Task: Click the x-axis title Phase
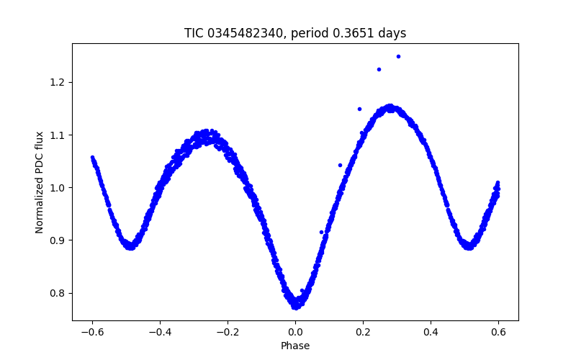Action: point(295,346)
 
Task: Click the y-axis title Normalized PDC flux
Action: point(40,182)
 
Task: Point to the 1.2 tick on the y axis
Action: point(58,82)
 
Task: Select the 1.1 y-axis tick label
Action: point(58,135)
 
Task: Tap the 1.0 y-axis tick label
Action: point(58,187)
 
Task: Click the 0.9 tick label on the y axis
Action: point(58,240)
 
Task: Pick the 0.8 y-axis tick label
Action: point(58,293)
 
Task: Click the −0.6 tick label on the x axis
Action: point(92,331)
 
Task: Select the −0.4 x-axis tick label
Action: point(160,331)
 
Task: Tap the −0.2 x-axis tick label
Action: point(228,331)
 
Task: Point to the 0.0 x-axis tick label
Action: point(295,331)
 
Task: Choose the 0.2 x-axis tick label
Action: point(363,331)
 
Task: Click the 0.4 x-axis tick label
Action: point(431,331)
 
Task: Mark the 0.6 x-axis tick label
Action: point(498,331)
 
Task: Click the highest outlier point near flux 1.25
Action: point(398,56)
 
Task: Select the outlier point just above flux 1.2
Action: point(379,69)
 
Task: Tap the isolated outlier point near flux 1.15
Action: point(359,109)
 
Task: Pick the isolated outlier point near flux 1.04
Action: point(340,165)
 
